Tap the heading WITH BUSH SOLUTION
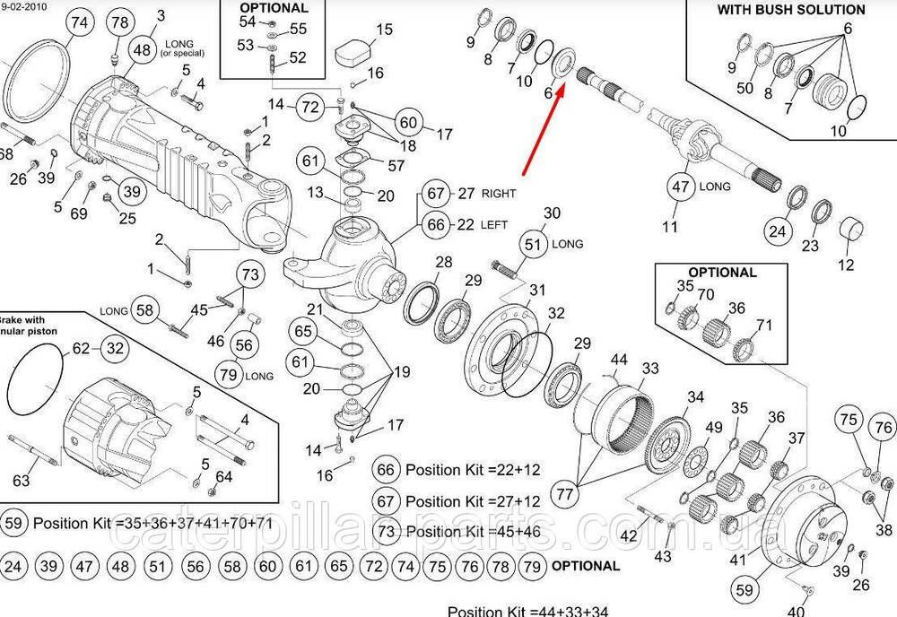point(791,10)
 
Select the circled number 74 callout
point(79,23)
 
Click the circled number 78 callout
point(120,23)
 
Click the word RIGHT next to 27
point(499,193)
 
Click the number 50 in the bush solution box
point(745,88)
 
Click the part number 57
point(396,165)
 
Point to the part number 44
point(619,361)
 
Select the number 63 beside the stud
point(21,482)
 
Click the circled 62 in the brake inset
point(81,348)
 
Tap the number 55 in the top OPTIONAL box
point(298,29)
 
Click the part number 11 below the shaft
point(670,227)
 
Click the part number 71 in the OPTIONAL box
point(764,325)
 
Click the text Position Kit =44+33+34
point(527,611)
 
